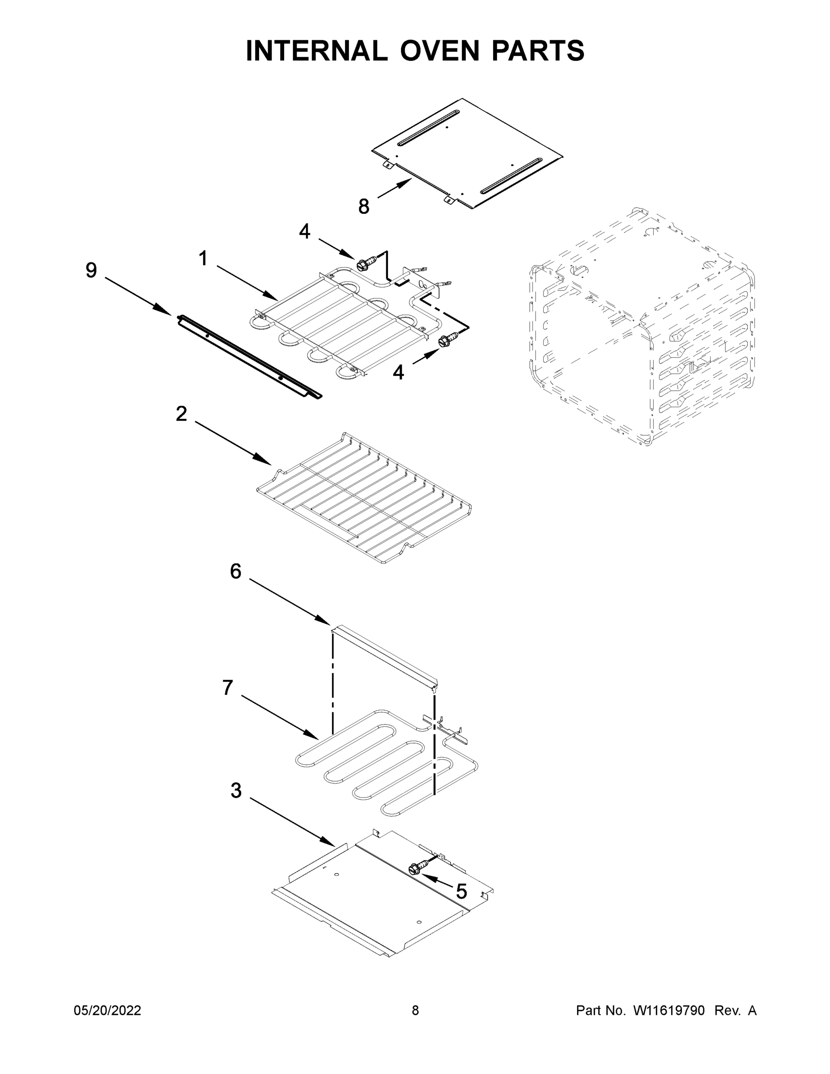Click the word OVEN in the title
[x=439, y=51]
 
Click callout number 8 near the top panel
[x=363, y=207]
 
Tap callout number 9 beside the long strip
[x=91, y=270]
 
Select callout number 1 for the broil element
[x=203, y=258]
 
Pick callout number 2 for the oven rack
[x=182, y=413]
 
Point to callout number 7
[x=227, y=687]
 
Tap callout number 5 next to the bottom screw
[x=461, y=891]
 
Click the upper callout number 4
[x=305, y=231]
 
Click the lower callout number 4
[x=398, y=372]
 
